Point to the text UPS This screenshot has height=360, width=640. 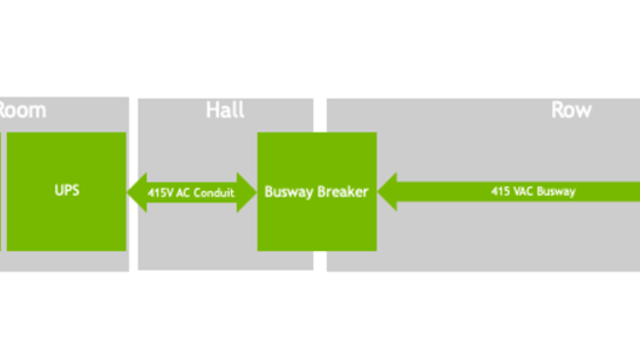65,190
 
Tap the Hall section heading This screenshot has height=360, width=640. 225,110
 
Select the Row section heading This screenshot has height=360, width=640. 571,110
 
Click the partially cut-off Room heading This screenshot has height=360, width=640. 22,110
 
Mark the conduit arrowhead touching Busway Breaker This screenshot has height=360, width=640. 247,191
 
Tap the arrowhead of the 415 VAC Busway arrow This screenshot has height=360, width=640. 388,191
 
